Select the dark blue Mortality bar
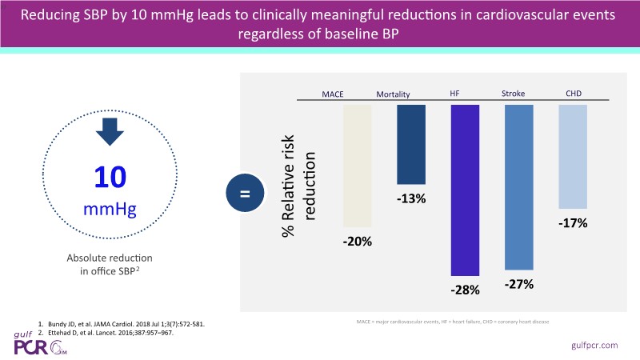[x=411, y=144]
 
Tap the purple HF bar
[x=465, y=191]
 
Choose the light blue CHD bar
[x=572, y=156]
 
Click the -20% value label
[x=358, y=241]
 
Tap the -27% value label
[x=518, y=284]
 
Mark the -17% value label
[x=572, y=224]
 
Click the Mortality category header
[x=394, y=94]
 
